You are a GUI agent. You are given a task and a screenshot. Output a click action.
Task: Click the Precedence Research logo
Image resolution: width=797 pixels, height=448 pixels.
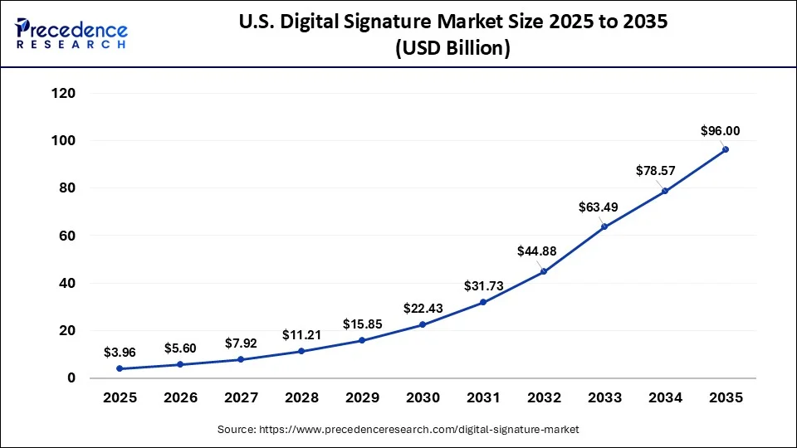coord(71,33)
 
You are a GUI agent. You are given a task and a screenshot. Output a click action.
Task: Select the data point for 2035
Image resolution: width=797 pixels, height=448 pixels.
coord(726,149)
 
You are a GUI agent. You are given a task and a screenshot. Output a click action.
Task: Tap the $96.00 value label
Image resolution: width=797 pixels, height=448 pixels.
coord(720,130)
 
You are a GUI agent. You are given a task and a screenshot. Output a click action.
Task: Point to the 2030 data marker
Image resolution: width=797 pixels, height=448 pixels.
coord(423,324)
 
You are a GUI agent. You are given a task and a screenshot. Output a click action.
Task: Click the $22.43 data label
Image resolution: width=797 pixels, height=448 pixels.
coord(423,308)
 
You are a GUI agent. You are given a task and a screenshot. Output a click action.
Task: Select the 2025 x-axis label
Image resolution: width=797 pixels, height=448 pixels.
coord(120,398)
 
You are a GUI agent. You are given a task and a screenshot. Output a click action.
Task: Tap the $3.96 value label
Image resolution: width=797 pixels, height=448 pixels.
coord(120,353)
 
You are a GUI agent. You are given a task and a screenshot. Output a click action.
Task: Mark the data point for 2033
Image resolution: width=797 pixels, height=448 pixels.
coord(604,226)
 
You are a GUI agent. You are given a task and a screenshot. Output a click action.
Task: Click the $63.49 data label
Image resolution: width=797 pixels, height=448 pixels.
coord(599,207)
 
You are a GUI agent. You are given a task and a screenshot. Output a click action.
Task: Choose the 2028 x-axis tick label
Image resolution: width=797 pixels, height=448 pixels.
coord(301,398)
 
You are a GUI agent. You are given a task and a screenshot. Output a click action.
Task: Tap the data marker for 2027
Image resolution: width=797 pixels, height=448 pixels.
coord(241,359)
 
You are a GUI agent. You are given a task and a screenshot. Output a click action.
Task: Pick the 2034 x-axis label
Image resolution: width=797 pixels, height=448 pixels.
coord(665,398)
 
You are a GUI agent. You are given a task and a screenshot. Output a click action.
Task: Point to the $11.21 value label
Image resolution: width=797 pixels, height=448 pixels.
coord(301,335)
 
